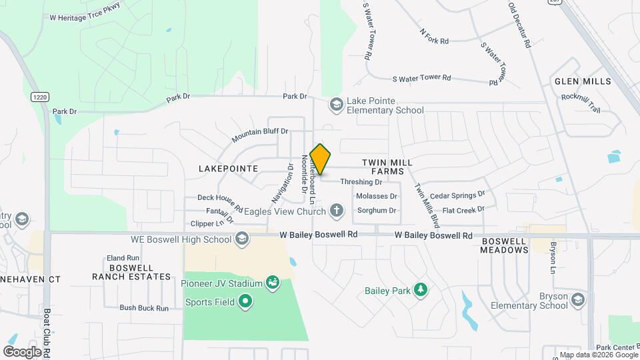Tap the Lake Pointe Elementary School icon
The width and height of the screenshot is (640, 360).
pos(337,105)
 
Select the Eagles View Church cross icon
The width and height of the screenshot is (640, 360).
pos(337,211)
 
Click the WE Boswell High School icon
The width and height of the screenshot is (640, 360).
pos(242,239)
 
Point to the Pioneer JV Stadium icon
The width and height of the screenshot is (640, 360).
pos(272,283)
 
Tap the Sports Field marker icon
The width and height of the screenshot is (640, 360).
pos(245,302)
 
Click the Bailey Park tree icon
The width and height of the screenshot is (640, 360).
pos(420,290)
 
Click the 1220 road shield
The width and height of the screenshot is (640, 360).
pos(39,97)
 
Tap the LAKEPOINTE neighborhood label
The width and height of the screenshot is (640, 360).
pos(228,169)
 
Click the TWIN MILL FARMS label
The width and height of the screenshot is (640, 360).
pos(387,167)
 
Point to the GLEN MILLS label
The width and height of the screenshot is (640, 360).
pos(582,81)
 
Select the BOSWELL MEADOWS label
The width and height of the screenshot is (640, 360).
pos(505,245)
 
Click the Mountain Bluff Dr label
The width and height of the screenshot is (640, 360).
pos(260,135)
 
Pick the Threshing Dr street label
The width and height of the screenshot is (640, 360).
pos(361,181)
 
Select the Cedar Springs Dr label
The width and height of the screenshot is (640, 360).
pos(457,195)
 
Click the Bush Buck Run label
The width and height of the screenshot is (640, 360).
pos(142,307)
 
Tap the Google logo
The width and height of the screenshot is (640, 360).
pos(22,351)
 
